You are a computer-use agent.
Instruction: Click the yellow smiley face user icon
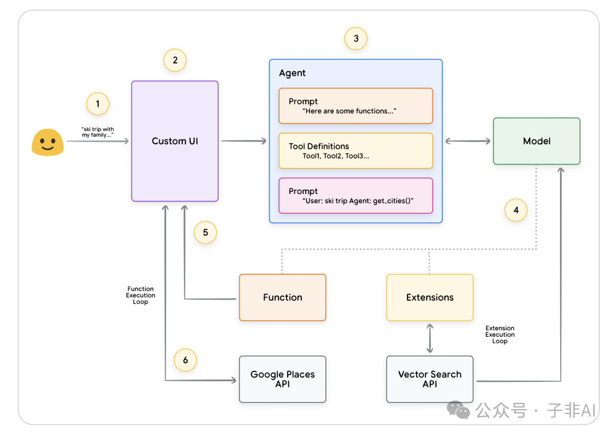pos(48,142)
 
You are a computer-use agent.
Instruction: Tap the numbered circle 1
pos(98,104)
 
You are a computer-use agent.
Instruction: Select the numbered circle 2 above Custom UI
pos(175,60)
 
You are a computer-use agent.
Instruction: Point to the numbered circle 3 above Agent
pos(356,38)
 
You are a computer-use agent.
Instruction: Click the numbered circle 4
pos(516,210)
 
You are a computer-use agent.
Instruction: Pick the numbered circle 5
pos(206,232)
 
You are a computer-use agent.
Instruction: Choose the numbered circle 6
pos(185,360)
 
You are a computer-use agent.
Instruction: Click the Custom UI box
pos(175,141)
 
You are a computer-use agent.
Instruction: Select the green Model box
pos(537,141)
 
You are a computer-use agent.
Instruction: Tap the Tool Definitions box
pos(356,151)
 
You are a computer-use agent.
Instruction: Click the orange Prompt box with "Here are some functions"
pos(356,106)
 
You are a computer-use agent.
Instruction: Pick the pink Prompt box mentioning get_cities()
pos(356,196)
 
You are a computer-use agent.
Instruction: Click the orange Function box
pos(282,298)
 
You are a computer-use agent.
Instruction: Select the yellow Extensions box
pos(430,298)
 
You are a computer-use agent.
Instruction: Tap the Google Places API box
pos(282,379)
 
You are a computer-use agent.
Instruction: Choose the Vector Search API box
pos(430,379)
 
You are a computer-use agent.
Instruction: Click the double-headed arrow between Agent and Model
pos(468,141)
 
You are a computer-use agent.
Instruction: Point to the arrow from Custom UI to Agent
pos(244,141)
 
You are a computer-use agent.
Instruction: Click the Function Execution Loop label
pos(140,295)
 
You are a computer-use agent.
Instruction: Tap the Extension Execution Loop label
pos(500,334)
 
